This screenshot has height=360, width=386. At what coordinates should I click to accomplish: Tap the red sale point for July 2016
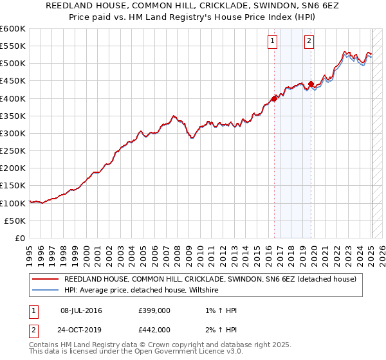point(274,98)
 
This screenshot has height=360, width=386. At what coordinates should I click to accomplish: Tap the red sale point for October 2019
point(311,84)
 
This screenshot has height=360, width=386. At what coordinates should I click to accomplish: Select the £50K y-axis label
point(14,221)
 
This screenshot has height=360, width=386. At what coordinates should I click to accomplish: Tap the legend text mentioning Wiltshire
point(142,290)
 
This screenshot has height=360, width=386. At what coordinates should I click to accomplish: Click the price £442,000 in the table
point(154,330)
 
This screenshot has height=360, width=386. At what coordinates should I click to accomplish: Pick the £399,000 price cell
point(154,311)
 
